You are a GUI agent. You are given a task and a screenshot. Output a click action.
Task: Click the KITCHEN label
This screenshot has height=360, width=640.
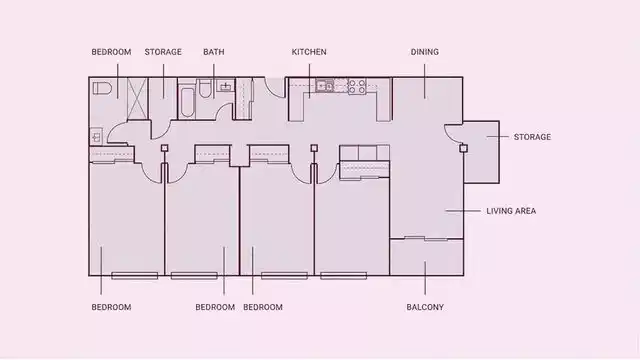coord(309,52)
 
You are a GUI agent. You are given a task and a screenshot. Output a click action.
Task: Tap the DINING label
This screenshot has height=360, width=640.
coord(424,52)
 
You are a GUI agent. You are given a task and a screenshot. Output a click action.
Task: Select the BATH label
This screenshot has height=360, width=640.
coord(213,52)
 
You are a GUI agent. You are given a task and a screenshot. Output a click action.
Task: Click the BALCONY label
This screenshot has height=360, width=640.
coord(425,307)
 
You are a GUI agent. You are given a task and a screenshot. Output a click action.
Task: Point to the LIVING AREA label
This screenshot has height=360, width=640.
coord(511,211)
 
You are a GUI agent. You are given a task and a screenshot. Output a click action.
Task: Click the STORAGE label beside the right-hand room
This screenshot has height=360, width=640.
coord(532,137)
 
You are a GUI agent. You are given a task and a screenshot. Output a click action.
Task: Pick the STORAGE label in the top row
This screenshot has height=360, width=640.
coord(163,52)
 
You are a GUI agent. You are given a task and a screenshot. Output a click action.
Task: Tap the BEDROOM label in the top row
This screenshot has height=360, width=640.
coord(111,52)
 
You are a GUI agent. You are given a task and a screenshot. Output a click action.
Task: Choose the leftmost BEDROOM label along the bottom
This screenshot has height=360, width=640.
coord(111,307)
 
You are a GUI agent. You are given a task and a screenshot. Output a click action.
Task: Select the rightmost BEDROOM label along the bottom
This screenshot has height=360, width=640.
coord(263,307)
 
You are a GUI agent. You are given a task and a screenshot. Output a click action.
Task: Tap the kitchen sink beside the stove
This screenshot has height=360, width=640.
coord(325,87)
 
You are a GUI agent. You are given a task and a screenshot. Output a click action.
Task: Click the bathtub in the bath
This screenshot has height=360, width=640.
coord(188,98)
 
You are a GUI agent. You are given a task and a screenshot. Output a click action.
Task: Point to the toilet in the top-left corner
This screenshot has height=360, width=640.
coord(102,89)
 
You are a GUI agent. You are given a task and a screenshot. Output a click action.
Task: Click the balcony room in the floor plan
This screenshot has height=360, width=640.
coord(426,257)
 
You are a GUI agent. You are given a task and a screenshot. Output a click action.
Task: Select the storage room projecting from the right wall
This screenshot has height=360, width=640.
coord(481,152)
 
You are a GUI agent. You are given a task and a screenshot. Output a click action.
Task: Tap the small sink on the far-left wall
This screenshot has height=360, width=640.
coord(95,133)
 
